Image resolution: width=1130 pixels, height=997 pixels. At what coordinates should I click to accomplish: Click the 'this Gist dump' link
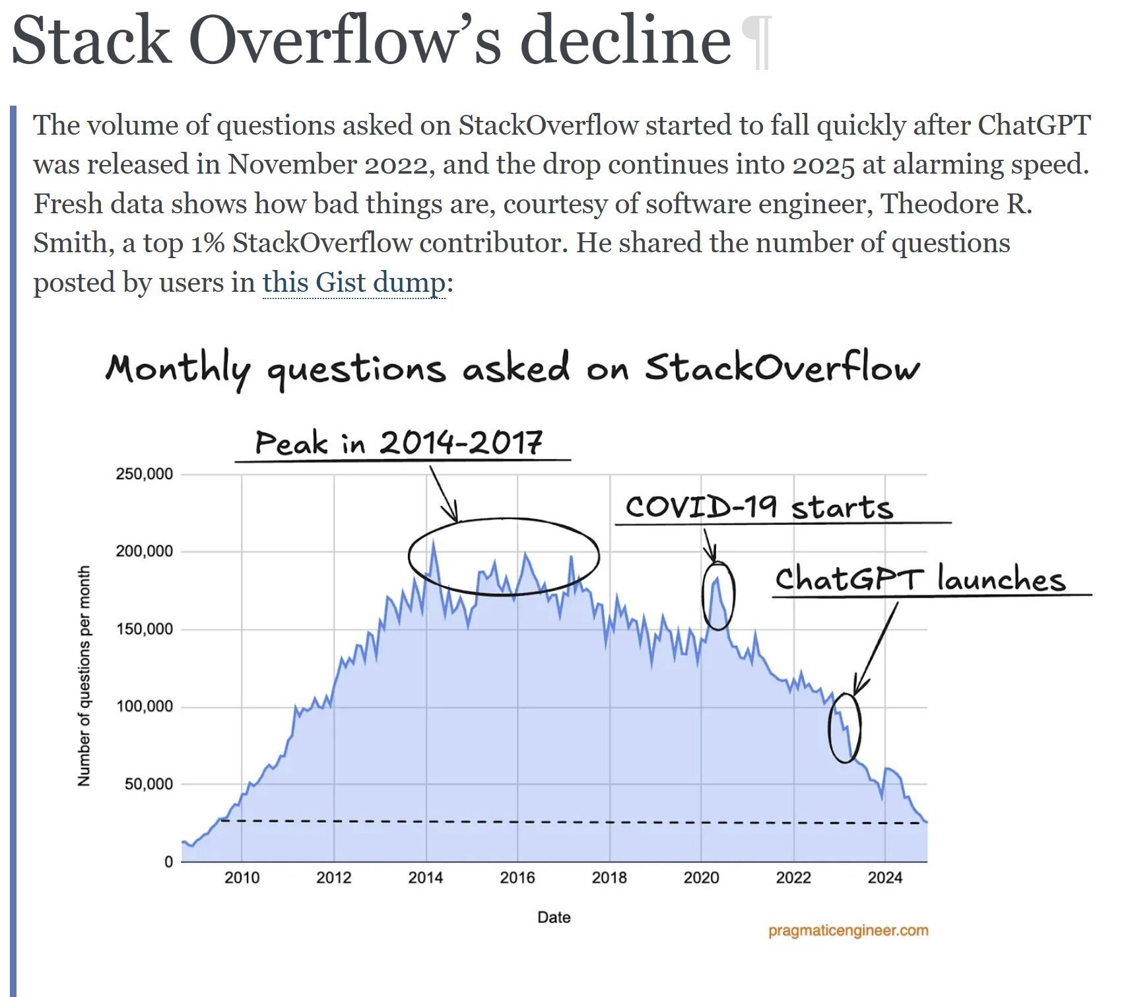[354, 283]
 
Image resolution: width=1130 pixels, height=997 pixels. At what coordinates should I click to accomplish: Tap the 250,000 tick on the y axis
[144, 474]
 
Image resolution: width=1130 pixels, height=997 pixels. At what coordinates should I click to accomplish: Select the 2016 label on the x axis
[517, 877]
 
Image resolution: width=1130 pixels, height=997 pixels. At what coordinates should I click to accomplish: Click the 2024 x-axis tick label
[884, 877]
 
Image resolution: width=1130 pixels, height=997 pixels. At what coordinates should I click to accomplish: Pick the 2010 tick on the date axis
[242, 877]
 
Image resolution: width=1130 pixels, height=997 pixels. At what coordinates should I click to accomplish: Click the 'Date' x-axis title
[553, 917]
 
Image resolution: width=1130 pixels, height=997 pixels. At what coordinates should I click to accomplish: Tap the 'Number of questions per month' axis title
[84, 675]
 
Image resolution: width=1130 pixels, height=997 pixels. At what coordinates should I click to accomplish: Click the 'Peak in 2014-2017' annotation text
[399, 442]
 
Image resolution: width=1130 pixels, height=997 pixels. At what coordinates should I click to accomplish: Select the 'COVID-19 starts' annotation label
[759, 507]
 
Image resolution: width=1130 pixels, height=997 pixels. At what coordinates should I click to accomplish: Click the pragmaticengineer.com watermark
[847, 930]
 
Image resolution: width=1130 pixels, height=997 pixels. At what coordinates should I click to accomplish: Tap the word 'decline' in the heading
[625, 41]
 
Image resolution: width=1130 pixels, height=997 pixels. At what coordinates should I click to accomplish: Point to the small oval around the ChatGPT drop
[844, 728]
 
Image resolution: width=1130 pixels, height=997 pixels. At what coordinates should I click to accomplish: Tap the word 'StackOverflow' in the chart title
[781, 368]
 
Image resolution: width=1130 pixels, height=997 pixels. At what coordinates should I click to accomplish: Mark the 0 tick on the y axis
[168, 862]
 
